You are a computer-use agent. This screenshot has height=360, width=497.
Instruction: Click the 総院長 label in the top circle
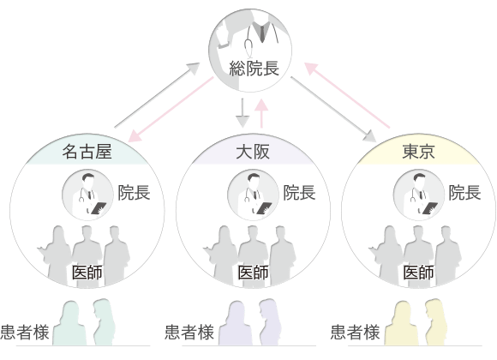tap(254, 69)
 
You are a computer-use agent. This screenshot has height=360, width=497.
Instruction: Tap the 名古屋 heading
tap(87, 152)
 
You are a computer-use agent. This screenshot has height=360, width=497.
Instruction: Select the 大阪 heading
tap(253, 152)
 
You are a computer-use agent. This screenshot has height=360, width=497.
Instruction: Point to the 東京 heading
tap(418, 152)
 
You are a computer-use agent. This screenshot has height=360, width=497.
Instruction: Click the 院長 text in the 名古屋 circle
tap(134, 193)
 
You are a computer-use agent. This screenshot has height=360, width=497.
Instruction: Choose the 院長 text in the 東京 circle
tap(464, 193)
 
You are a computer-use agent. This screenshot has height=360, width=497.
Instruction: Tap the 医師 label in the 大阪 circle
tap(253, 273)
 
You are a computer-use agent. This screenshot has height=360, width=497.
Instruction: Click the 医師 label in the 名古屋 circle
tap(87, 273)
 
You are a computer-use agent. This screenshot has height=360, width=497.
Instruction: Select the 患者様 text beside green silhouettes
tap(25, 332)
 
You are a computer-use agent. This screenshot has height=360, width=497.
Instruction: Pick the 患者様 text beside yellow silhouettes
tap(355, 332)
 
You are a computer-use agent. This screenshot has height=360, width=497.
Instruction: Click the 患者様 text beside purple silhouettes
tap(189, 332)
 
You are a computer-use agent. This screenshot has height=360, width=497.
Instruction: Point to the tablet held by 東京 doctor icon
tap(430, 208)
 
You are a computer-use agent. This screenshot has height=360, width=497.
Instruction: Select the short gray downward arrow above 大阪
tap(243, 113)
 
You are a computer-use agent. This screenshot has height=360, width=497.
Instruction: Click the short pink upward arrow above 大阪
tap(262, 113)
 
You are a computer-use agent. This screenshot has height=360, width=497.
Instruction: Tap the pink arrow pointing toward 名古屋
tap(171, 110)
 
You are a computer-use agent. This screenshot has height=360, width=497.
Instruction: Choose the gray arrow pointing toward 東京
tap(333, 110)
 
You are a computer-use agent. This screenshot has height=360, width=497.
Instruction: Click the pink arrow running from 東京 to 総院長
tap(347, 95)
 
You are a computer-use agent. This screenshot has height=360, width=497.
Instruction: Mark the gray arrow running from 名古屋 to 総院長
tap(157, 95)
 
